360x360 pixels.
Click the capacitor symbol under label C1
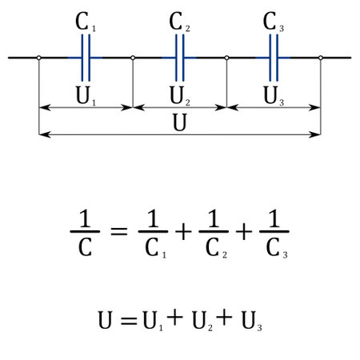[x=86, y=58]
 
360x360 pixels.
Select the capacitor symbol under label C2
[x=180, y=58]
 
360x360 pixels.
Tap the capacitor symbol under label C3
[x=274, y=58]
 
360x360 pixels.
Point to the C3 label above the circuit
[x=274, y=22]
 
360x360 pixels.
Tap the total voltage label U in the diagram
[x=180, y=122]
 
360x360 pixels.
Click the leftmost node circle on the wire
[x=38, y=58]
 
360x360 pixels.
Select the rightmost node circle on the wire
[x=321, y=58]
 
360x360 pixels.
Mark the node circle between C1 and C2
[x=133, y=58]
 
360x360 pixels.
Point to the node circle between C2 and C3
[x=227, y=58]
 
